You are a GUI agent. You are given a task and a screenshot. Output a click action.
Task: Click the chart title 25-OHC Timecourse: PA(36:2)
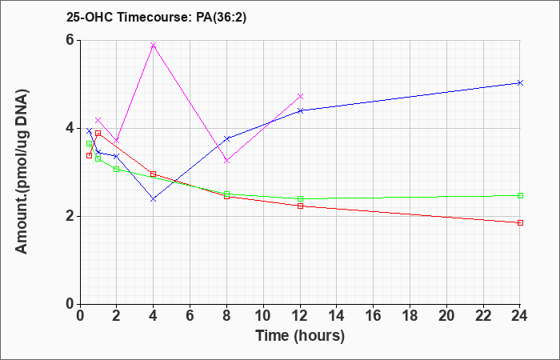pyautogui.click(x=156, y=18)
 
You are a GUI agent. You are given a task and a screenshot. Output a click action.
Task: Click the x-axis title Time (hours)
pyautogui.click(x=300, y=336)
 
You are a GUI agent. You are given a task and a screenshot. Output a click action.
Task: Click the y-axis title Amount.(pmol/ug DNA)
pyautogui.click(x=22, y=172)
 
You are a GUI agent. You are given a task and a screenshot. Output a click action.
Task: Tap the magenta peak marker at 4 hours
pyautogui.click(x=154, y=45)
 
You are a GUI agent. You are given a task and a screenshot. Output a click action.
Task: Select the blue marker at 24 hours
pyautogui.click(x=520, y=83)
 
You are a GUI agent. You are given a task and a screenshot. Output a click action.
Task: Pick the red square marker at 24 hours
pyautogui.click(x=520, y=223)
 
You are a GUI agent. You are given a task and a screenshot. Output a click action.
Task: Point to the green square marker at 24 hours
pyautogui.click(x=520, y=196)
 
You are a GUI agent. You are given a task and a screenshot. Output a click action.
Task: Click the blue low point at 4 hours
pyautogui.click(x=154, y=199)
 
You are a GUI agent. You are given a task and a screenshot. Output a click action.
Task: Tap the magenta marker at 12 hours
pyautogui.click(x=300, y=97)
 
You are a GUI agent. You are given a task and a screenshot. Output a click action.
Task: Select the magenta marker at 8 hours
pyautogui.click(x=226, y=161)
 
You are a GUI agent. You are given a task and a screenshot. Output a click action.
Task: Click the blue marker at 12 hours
pyautogui.click(x=300, y=110)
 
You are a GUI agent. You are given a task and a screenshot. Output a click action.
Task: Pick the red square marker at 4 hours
pyautogui.click(x=154, y=174)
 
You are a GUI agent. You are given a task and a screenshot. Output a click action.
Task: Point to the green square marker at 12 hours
pyautogui.click(x=300, y=198)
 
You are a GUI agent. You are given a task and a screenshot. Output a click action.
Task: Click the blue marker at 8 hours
pyautogui.click(x=226, y=138)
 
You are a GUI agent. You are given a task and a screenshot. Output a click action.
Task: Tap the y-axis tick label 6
pyautogui.click(x=70, y=40)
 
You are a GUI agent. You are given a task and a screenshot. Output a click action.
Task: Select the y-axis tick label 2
pyautogui.click(x=70, y=217)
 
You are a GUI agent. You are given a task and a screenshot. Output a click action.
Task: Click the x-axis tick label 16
pyautogui.click(x=374, y=315)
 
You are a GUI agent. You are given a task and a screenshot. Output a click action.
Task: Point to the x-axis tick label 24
pyautogui.click(x=520, y=315)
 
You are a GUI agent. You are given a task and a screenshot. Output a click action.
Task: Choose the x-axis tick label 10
pyautogui.click(x=263, y=315)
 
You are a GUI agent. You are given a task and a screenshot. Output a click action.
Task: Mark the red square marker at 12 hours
pyautogui.click(x=300, y=206)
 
